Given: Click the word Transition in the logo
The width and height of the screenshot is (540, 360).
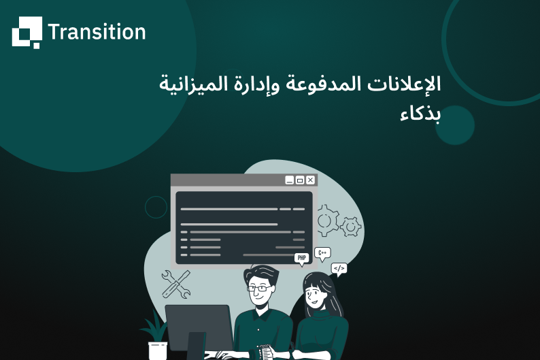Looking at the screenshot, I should pyautogui.click(x=97, y=32).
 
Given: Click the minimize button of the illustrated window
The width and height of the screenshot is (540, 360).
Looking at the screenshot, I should pyautogui.click(x=290, y=180).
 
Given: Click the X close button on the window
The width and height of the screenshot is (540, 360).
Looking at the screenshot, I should pyautogui.click(x=311, y=180).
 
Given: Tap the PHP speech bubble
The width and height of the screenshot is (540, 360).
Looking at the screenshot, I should pyautogui.click(x=301, y=258).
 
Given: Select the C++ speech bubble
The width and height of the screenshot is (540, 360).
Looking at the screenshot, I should pyautogui.click(x=322, y=252).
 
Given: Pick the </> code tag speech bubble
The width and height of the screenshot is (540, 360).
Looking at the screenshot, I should pyautogui.click(x=339, y=268).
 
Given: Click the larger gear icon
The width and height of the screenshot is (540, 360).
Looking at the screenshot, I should pyautogui.click(x=327, y=220).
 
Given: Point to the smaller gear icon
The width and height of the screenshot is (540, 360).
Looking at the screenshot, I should pyautogui.click(x=351, y=226).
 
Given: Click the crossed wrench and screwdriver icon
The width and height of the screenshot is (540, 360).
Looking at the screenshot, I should pyautogui.click(x=175, y=283).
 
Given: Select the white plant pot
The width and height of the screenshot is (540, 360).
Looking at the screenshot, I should pyautogui.click(x=158, y=350).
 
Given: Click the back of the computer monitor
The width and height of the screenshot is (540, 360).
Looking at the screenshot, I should pyautogui.click(x=198, y=327).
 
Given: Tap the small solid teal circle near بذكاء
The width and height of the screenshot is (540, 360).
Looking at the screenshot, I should pyautogui.click(x=454, y=125).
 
